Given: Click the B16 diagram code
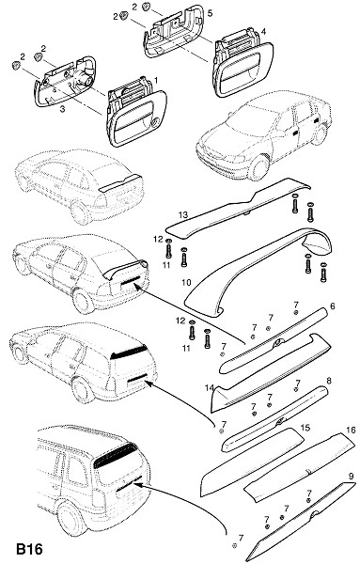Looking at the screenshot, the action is tap(29, 549).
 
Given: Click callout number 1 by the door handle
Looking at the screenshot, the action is tap(156, 79).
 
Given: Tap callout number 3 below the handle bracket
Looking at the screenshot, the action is tap(63, 109).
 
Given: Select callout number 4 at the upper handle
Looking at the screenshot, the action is tap(263, 32).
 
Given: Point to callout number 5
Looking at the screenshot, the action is tap(210, 13).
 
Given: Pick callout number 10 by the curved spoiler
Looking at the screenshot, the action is tap(186, 282).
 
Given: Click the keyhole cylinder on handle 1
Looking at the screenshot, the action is tap(154, 124).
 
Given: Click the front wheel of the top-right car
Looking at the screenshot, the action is tap(258, 167).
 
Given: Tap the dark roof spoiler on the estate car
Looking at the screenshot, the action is tap(129, 352).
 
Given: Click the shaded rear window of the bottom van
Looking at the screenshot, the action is tap(116, 455).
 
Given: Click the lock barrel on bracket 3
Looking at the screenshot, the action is tap(83, 78).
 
